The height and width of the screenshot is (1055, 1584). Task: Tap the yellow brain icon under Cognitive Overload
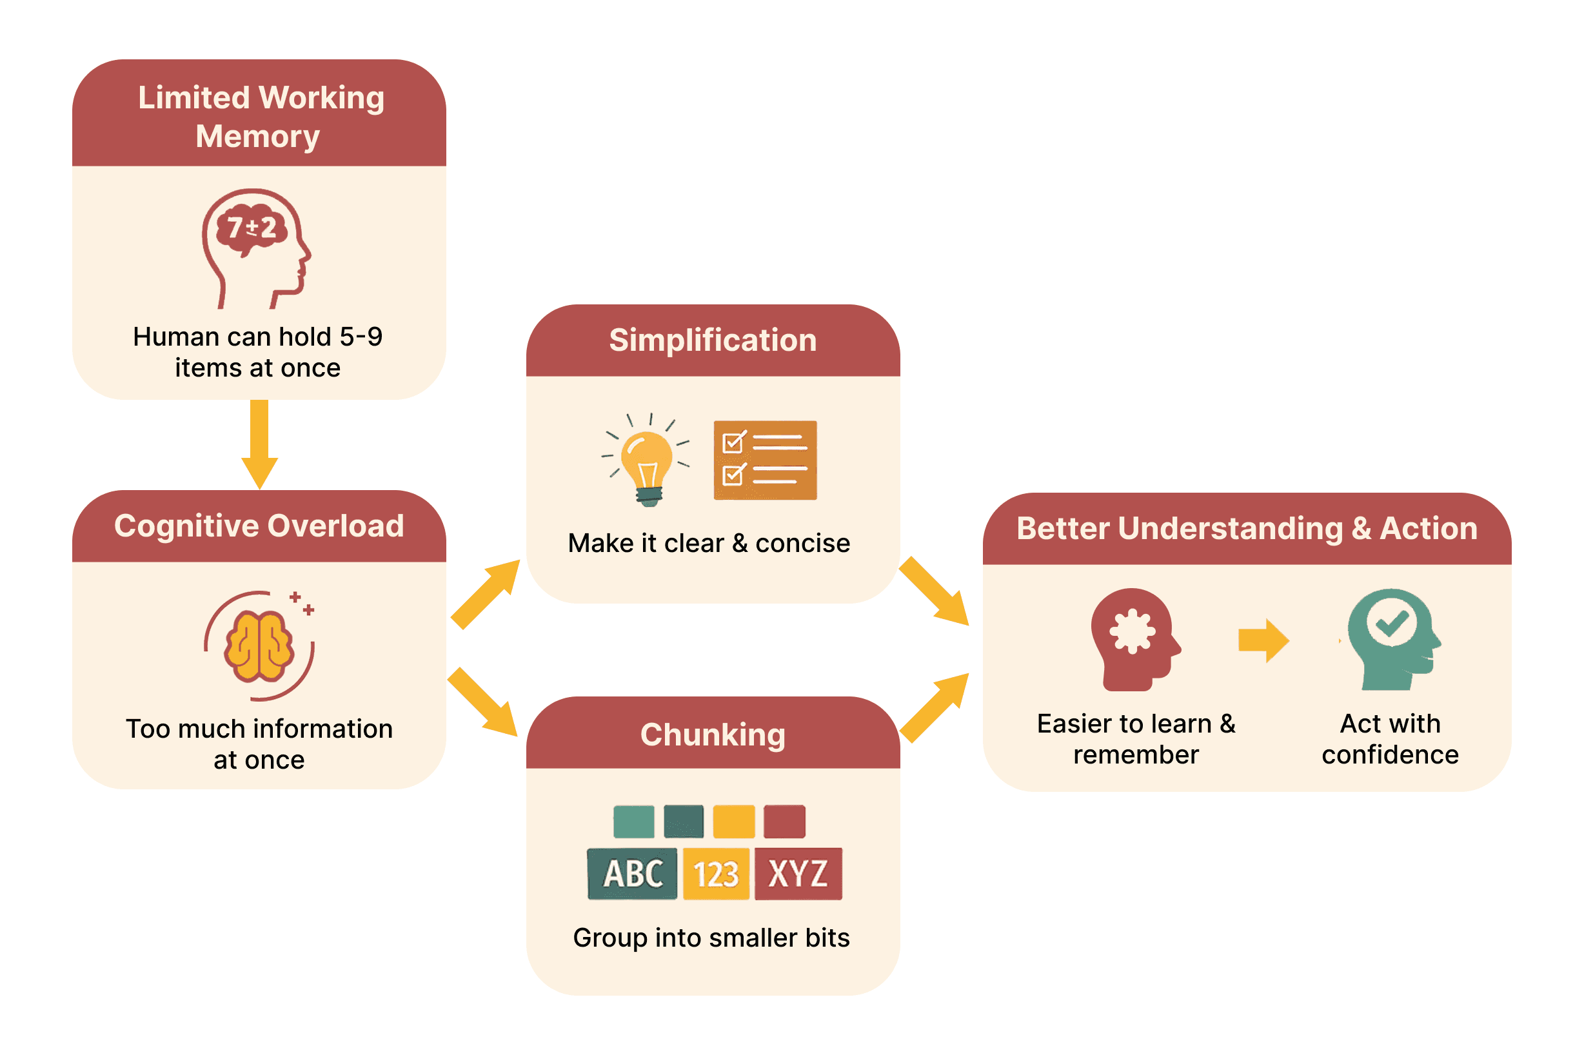pos(259,646)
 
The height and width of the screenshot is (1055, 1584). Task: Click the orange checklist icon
pos(765,460)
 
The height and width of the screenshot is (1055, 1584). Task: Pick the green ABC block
pos(632,873)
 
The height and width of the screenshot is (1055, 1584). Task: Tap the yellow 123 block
pos(716,873)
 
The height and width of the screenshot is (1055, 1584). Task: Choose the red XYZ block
pos(798,873)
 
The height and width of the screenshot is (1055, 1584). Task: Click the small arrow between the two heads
pos(1263,640)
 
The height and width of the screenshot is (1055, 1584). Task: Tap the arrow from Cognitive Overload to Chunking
pos(483,701)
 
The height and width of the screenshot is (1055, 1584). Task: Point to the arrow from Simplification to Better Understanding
pos(934,591)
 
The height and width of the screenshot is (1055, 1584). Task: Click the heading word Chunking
pos(713,734)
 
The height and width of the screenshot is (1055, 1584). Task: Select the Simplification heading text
pos(713,340)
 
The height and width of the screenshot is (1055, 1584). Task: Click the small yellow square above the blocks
pos(733,821)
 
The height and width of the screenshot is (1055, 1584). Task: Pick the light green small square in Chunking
pos(633,821)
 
